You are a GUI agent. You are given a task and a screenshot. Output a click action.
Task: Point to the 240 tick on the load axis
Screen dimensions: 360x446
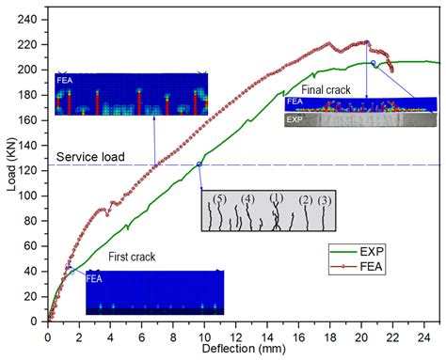[x=31, y=19]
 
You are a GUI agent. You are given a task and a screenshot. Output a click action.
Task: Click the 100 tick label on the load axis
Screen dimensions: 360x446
[x=31, y=196]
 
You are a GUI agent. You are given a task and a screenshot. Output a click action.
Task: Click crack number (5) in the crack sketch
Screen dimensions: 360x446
[x=220, y=199]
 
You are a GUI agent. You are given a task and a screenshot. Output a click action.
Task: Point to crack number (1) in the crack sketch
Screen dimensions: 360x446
[x=276, y=198]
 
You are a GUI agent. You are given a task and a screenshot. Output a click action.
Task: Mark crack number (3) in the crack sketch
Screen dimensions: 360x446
[x=325, y=200]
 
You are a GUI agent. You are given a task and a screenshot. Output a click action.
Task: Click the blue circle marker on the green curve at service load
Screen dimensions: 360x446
[x=199, y=164]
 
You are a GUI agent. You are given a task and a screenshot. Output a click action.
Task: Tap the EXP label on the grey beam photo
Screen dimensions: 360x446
[x=295, y=120]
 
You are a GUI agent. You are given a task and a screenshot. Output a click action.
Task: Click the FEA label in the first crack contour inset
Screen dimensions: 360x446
[x=95, y=278]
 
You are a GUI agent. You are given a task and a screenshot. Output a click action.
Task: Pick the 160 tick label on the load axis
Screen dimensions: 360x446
[x=31, y=119]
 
